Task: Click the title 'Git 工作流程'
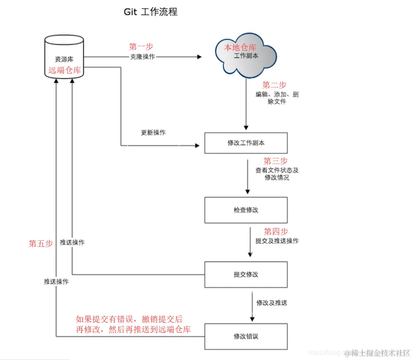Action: click(151, 12)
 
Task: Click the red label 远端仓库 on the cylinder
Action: click(64, 70)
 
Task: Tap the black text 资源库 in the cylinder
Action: click(64, 59)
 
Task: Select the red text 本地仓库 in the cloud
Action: click(240, 48)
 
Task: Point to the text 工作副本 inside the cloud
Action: click(246, 56)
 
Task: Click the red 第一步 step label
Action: click(141, 47)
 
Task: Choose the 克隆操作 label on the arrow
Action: click(142, 57)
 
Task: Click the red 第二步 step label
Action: click(274, 85)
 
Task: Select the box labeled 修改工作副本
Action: click(246, 143)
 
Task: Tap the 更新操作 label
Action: click(153, 133)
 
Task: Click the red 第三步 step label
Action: click(276, 161)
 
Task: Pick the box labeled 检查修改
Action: click(246, 210)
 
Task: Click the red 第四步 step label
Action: click(276, 231)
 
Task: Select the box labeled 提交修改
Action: click(246, 274)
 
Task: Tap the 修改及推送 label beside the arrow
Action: click(271, 303)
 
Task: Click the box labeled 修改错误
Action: click(246, 336)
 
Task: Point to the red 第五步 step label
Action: click(40, 244)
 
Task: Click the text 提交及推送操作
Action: click(277, 241)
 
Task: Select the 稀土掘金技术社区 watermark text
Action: click(378, 353)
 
